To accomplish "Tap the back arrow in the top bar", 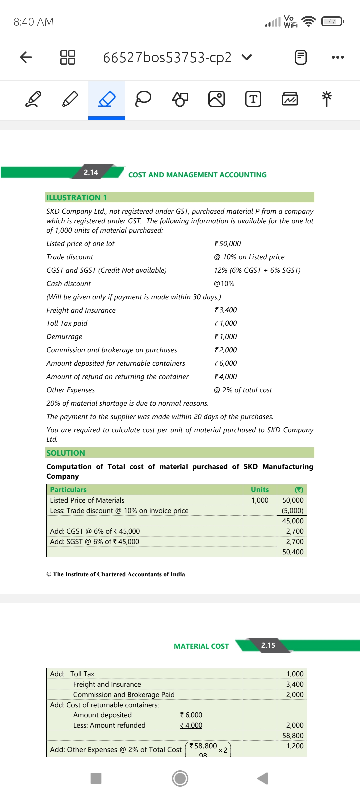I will [26, 57].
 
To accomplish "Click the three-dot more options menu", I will [338, 57].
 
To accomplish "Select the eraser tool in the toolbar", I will [107, 99].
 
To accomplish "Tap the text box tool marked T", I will [253, 99].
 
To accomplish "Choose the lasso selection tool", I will [143, 99].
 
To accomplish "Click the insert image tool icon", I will [216, 99].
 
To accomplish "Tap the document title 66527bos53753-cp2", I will [167, 57].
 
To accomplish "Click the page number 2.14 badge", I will [91, 172].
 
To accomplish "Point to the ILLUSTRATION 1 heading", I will [77, 198].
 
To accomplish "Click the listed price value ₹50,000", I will [228, 244].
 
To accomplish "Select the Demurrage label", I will [64, 337].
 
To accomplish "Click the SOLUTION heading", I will [66, 453].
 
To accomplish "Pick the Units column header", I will [260, 490].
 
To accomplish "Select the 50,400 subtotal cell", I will [293, 552].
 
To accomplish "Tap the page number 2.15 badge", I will [268, 645].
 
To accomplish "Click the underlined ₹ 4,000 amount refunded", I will [191, 725].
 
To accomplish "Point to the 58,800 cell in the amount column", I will [293, 736].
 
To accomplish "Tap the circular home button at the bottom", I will [180, 778].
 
